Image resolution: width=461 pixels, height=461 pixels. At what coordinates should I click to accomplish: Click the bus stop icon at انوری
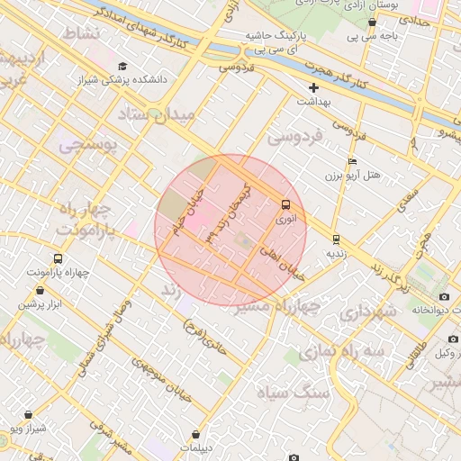[x=286, y=204]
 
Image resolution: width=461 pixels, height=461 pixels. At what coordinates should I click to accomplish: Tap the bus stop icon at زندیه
[x=336, y=240]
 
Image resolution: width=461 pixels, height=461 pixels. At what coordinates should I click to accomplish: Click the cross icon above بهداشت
[x=313, y=87]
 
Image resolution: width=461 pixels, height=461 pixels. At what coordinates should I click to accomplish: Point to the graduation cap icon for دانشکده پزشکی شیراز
[x=123, y=66]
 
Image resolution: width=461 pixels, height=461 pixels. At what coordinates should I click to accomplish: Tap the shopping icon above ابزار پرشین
[x=41, y=291]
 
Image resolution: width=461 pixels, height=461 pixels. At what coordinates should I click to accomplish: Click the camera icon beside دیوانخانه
[x=444, y=296]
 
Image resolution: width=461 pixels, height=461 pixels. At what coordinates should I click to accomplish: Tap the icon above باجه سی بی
[x=372, y=22]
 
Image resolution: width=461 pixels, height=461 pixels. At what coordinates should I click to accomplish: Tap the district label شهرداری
[x=366, y=312]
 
